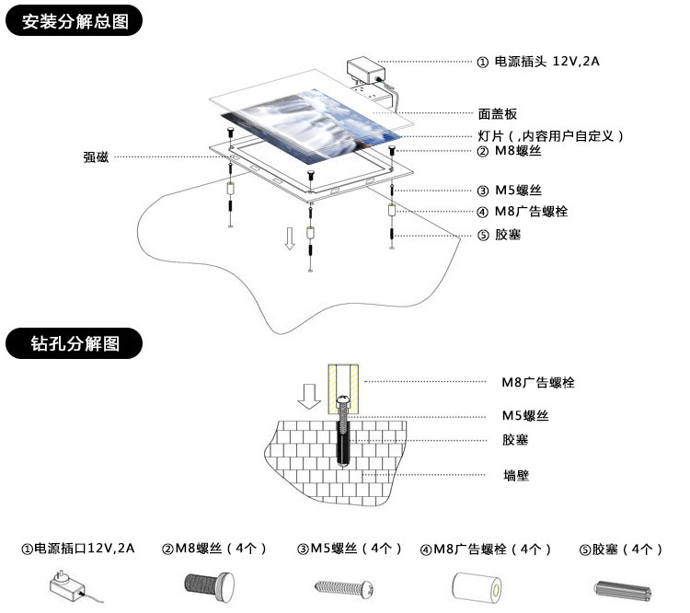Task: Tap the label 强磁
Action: point(96,157)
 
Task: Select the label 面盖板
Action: point(498,113)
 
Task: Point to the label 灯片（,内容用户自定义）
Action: point(551,135)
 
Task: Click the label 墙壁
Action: point(516,475)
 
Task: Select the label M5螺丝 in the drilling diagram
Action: point(525,415)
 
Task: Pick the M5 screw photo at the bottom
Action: point(345,585)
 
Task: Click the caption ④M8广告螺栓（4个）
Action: point(485,549)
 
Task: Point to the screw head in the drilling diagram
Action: point(341,401)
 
